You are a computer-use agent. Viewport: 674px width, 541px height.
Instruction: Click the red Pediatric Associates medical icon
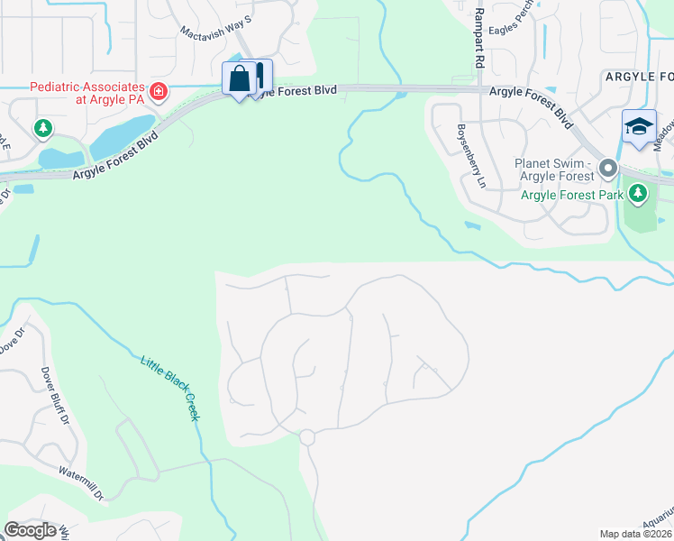point(159,90)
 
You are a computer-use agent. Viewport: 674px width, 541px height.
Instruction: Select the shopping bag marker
point(240,78)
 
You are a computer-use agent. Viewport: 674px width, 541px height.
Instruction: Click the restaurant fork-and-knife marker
point(260,76)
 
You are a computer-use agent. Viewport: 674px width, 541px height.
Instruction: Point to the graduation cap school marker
point(638,126)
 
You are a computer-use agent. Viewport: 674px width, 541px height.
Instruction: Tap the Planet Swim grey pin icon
point(607,169)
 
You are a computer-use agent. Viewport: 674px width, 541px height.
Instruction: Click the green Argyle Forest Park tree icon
point(638,194)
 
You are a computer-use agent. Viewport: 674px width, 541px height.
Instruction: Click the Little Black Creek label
point(169,388)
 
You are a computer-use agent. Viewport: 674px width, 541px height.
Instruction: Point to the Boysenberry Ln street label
point(470,155)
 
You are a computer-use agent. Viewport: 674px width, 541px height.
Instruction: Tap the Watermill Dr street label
point(83,483)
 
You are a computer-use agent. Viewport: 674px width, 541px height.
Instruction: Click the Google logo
point(30,530)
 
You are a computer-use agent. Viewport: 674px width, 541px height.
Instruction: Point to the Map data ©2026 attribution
point(635,534)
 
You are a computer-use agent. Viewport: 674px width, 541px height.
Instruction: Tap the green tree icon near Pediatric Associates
point(42,129)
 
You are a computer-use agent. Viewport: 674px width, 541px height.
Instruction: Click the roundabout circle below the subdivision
point(306,437)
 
